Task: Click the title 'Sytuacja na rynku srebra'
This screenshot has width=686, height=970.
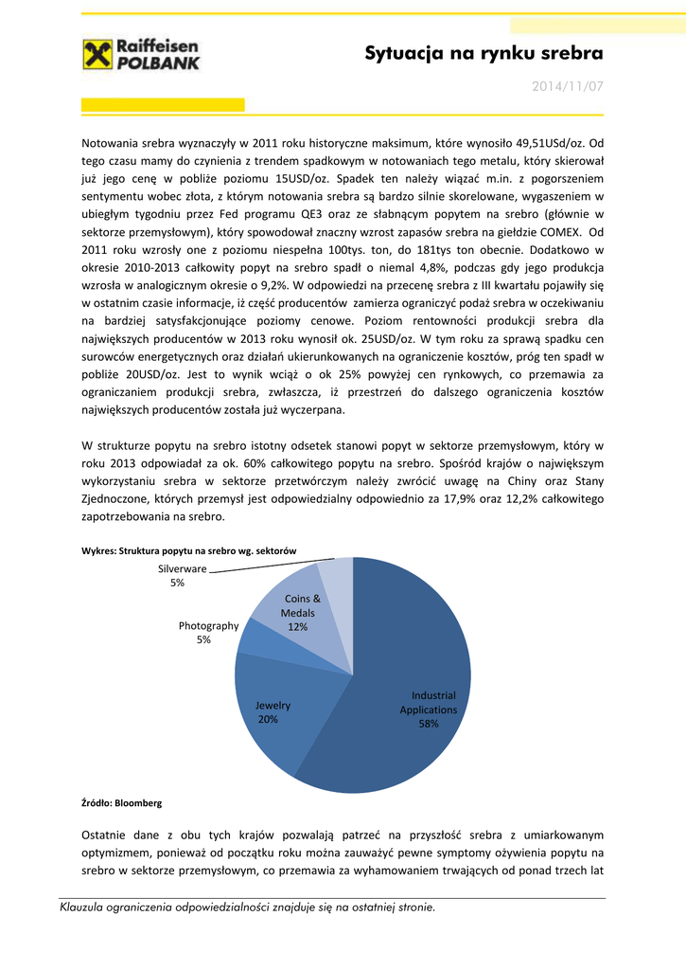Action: [x=484, y=54]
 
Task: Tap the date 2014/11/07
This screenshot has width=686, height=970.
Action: [x=567, y=86]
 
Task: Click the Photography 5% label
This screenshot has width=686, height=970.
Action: [x=208, y=633]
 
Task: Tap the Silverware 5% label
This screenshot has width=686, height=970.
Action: [x=182, y=575]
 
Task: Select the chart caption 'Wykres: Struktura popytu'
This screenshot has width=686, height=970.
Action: [x=190, y=550]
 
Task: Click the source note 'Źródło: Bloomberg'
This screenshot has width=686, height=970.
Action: [x=123, y=802]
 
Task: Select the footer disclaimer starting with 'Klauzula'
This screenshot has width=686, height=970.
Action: [x=247, y=907]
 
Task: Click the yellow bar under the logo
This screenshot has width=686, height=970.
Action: [x=163, y=104]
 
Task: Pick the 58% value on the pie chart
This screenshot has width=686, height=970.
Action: [x=428, y=724]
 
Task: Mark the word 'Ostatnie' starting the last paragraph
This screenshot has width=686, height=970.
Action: [x=108, y=835]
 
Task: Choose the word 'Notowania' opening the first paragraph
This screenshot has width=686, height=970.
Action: [x=111, y=144]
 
